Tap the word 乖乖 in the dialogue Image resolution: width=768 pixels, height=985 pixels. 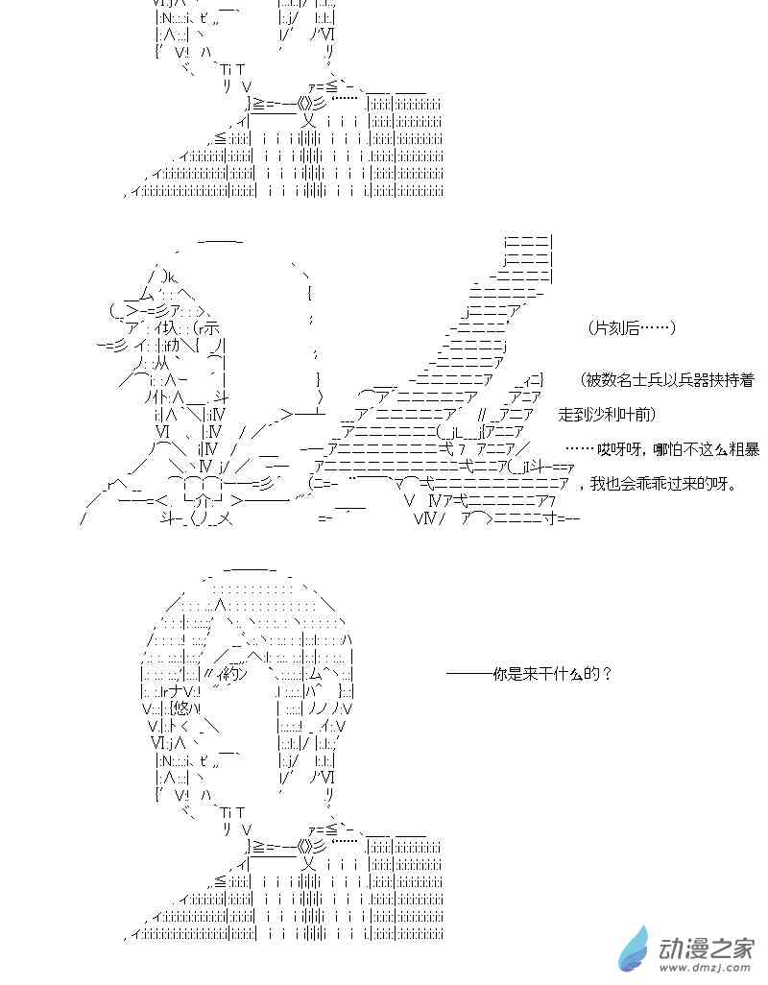tap(660, 484)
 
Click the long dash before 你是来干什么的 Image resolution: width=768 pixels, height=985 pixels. tap(469, 674)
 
